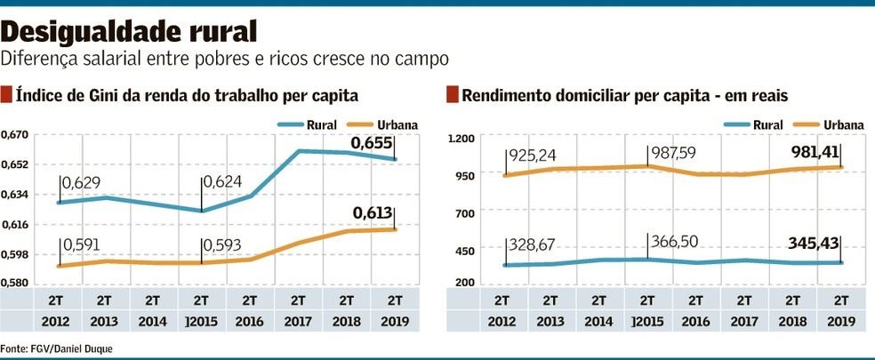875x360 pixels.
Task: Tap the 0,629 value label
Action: pos(81,183)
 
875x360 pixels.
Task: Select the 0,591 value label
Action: pos(81,245)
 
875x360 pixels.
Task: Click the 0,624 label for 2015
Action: pos(222,183)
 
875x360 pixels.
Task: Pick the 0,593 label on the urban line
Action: pos(222,245)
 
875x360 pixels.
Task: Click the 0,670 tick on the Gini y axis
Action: pos(16,134)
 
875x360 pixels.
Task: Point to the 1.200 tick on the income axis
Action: pos(463,139)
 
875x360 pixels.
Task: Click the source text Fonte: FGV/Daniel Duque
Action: pos(57,348)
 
